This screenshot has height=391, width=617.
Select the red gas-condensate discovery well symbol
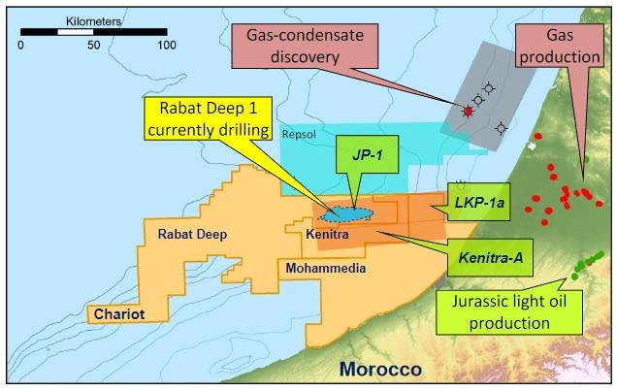pos(468,113)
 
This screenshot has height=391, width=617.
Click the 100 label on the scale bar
pos(167,45)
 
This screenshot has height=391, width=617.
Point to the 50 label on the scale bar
pos(94,45)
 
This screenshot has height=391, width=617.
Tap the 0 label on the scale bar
pos(22,45)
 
